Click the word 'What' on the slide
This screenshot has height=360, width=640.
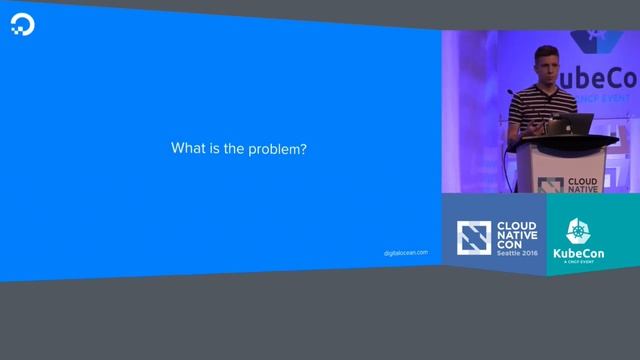(187, 149)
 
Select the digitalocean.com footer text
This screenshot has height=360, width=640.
(406, 252)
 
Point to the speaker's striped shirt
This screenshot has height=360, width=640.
(540, 105)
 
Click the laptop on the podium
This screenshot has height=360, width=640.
(577, 125)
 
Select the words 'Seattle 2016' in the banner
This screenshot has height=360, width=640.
(517, 254)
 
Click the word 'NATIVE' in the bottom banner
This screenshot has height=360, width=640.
(517, 235)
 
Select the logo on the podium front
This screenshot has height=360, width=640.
(549, 185)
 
